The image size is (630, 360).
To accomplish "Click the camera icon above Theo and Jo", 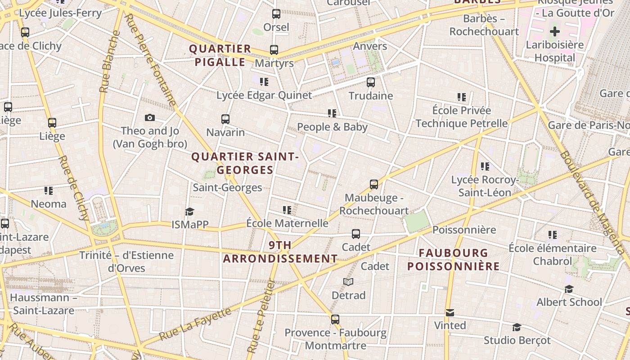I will pyautogui.click(x=150, y=118).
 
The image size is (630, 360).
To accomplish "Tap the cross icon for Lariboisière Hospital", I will pyautogui.click(x=555, y=31).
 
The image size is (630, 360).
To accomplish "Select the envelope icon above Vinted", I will pyautogui.click(x=450, y=312).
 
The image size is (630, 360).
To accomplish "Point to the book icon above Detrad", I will pyautogui.click(x=348, y=282).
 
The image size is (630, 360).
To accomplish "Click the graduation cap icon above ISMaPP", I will pyautogui.click(x=190, y=211).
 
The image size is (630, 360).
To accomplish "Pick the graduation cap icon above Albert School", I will pyautogui.click(x=569, y=289).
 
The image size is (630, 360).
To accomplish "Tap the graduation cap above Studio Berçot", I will pyautogui.click(x=517, y=327).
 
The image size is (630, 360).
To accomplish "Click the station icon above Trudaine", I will pyautogui.click(x=371, y=82).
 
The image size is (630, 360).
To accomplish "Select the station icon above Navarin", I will pyautogui.click(x=225, y=119).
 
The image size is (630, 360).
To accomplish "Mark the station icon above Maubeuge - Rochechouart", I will pyautogui.click(x=374, y=184).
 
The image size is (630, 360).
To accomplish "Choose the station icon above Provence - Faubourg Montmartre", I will pyautogui.click(x=335, y=319).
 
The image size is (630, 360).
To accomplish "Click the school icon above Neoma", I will pyautogui.click(x=49, y=191).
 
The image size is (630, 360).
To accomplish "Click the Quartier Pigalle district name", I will pyautogui.click(x=220, y=55).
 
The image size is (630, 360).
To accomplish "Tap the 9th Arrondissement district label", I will pyautogui.click(x=280, y=252).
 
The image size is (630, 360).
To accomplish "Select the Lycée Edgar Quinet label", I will pyautogui.click(x=264, y=95).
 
